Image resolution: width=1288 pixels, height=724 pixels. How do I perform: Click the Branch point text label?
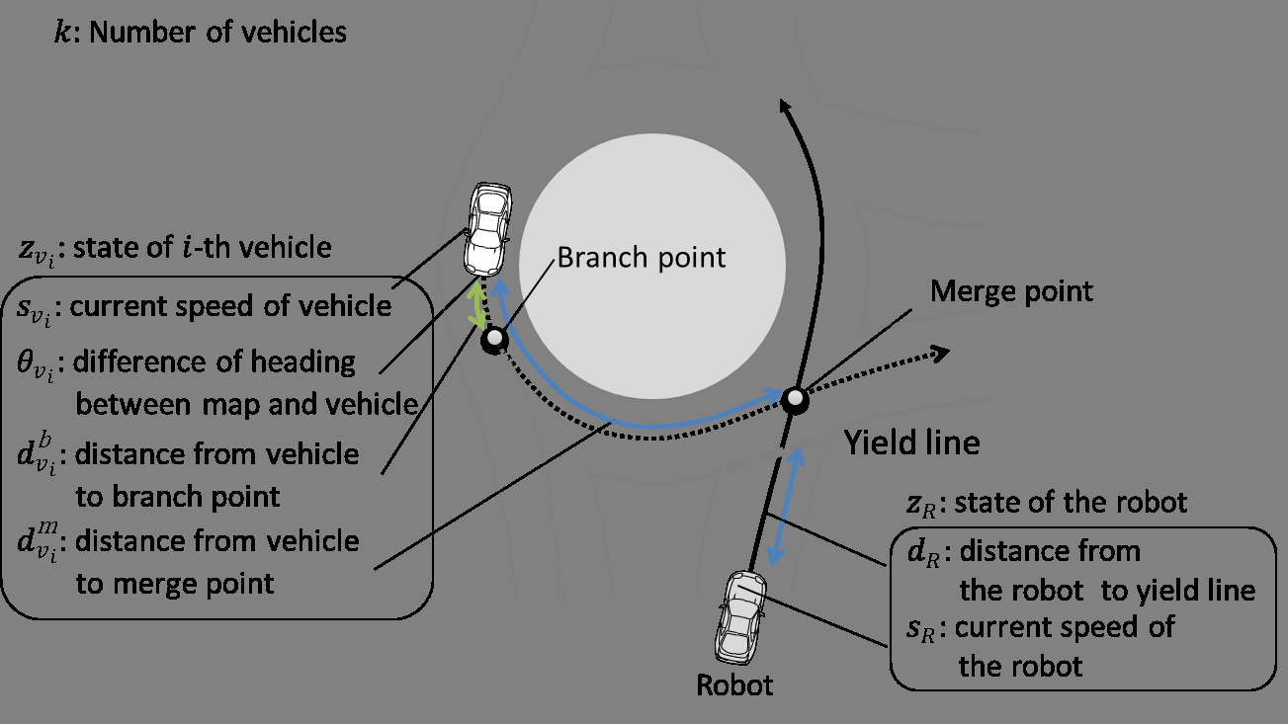(x=642, y=258)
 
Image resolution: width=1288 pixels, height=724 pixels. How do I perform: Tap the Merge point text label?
(x=1012, y=291)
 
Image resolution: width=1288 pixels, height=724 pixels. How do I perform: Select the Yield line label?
(x=910, y=442)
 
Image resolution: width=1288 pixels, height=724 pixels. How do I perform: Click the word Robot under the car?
(x=734, y=684)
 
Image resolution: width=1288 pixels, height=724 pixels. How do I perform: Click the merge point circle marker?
(x=795, y=399)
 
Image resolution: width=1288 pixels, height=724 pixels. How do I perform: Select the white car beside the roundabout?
(x=487, y=228)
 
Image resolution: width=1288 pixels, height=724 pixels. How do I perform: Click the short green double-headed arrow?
(x=478, y=306)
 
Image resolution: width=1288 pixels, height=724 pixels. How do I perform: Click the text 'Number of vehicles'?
(x=217, y=32)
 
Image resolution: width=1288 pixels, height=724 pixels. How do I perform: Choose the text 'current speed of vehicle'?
(x=231, y=306)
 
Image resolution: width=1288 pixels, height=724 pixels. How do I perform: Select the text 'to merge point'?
(x=175, y=583)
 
